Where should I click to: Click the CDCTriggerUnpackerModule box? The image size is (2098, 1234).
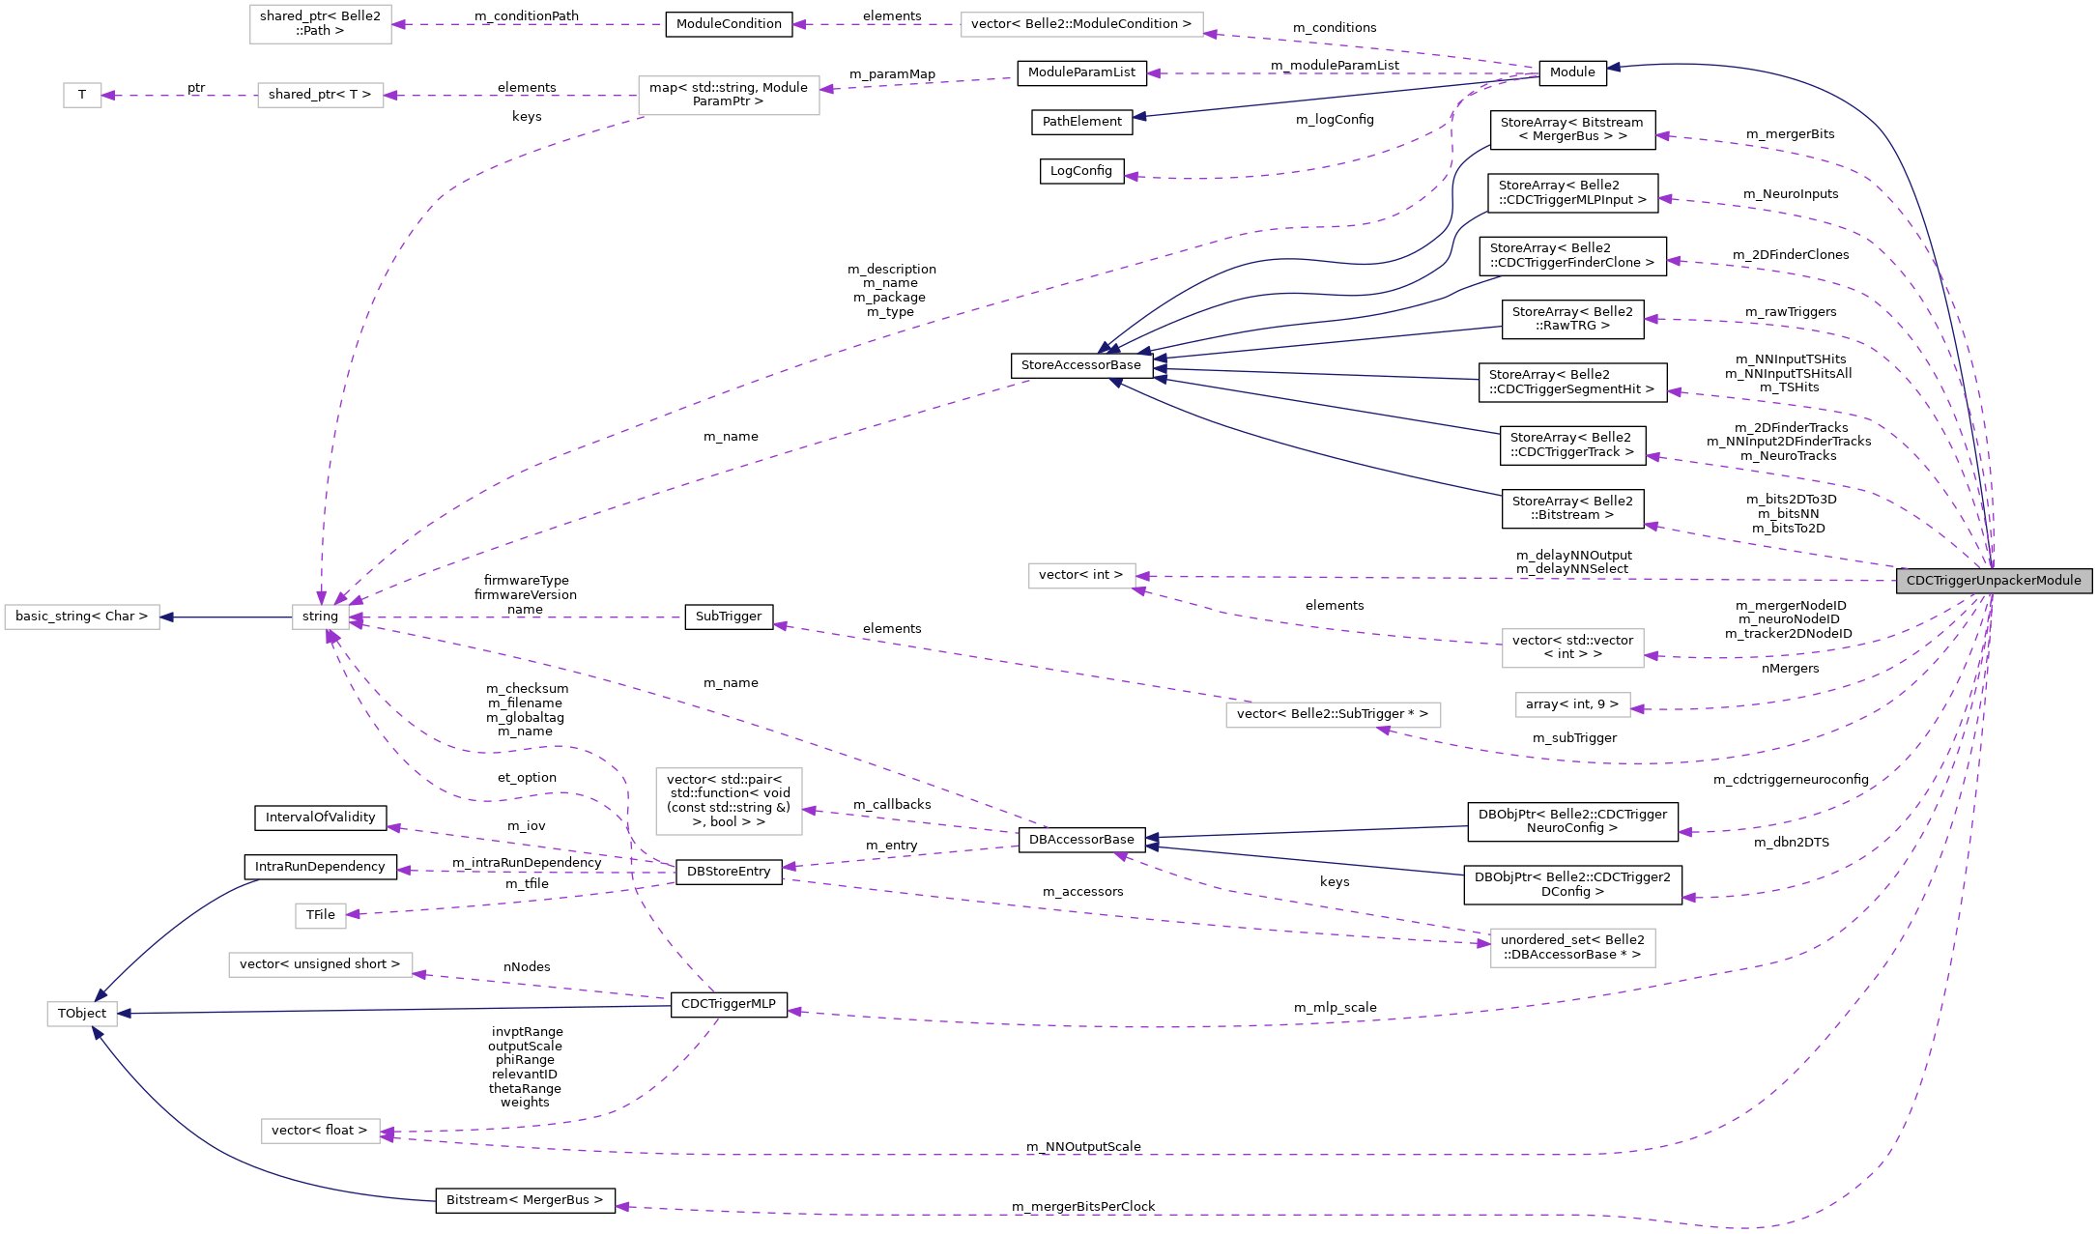click(x=1994, y=581)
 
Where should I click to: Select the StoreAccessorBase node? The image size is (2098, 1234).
click(x=1080, y=365)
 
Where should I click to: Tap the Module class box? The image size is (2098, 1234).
click(x=1572, y=72)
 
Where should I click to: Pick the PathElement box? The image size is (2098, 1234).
click(x=1081, y=122)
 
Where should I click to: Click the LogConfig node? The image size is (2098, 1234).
click(x=1080, y=171)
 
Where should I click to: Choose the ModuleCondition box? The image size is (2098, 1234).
click(x=729, y=24)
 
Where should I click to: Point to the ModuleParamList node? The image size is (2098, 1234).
click(x=1081, y=72)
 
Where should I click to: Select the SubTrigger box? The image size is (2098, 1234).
click(x=729, y=617)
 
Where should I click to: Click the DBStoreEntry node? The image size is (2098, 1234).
click(x=729, y=872)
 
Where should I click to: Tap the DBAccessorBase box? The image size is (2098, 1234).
click(x=1081, y=840)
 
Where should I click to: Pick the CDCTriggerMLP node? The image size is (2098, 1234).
click(x=729, y=1004)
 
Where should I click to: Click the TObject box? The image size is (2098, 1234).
click(x=82, y=1014)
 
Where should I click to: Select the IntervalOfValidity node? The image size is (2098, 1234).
click(x=320, y=818)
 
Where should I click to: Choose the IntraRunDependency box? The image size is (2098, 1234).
click(x=320, y=867)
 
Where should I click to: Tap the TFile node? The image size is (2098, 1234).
click(x=320, y=915)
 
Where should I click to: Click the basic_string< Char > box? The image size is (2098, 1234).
click(x=82, y=617)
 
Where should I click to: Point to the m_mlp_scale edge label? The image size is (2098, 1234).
click(x=1336, y=1008)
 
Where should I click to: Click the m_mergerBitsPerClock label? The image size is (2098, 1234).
click(x=1083, y=1207)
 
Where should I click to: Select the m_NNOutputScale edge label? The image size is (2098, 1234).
click(x=1083, y=1147)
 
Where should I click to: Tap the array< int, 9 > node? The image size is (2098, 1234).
click(x=1572, y=704)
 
